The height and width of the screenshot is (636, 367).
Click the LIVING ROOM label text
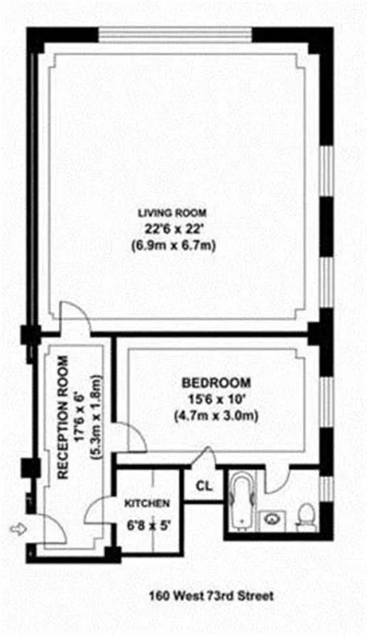(x=173, y=212)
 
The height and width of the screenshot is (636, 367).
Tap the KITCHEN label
(x=146, y=504)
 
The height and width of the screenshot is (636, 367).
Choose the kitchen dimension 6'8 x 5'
(x=146, y=524)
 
